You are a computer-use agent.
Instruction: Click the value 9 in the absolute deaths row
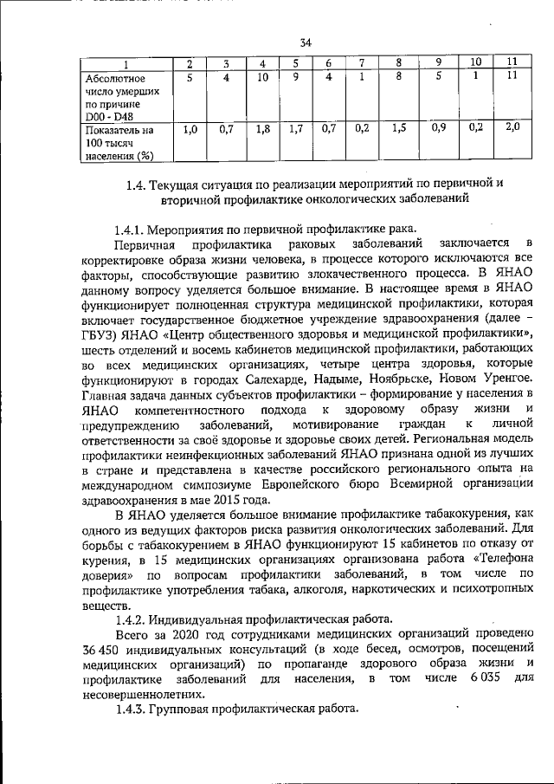coord(295,78)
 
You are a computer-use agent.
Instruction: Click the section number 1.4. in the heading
coord(134,185)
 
